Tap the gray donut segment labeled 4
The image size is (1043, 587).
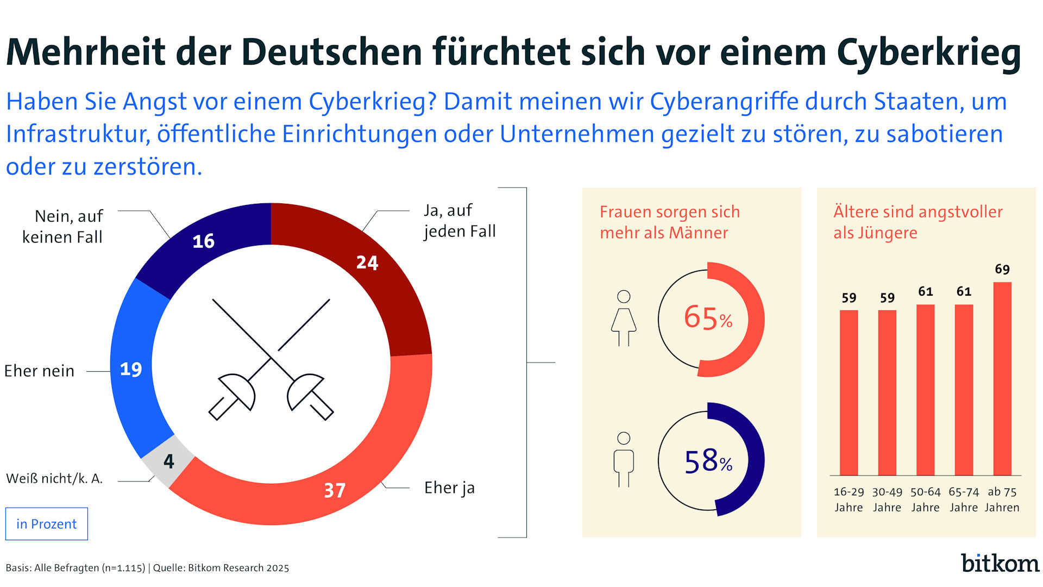(168, 461)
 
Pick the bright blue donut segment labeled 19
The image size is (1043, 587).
(132, 370)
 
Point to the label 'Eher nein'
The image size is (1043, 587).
(39, 371)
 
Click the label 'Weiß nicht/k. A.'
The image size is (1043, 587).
(54, 478)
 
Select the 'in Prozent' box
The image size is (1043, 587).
(47, 524)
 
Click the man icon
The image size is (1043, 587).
(624, 460)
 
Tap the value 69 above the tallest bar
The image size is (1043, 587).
(1002, 269)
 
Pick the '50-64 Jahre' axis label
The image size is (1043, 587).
(926, 499)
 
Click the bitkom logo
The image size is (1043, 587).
(1000, 563)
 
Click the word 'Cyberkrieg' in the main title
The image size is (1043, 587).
(929, 53)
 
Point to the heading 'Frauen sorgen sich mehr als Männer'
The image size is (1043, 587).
(669, 222)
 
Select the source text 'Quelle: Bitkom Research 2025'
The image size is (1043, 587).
(221, 568)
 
